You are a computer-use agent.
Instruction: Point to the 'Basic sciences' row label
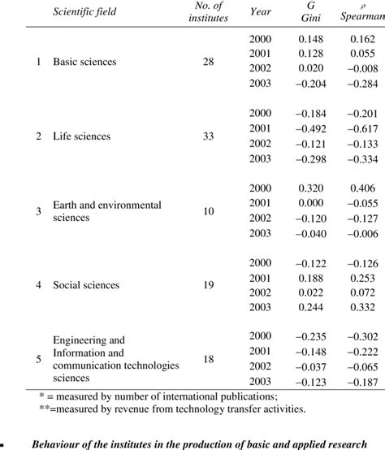[x=84, y=63]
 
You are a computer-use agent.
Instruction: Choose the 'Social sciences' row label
[x=85, y=285]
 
